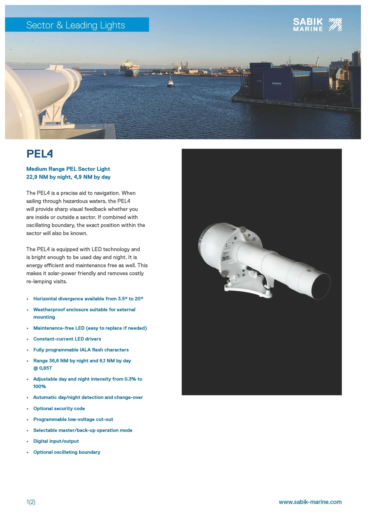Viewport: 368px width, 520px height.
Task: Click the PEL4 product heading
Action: pos(40,154)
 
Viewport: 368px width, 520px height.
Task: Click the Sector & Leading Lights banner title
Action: pos(75,25)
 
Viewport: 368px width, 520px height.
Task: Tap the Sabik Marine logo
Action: pos(317,25)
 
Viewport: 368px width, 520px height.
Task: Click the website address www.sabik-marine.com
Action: pos(310,502)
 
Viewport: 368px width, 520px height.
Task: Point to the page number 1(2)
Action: pos(31,502)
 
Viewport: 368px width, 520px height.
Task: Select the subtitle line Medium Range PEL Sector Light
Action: pos(68,169)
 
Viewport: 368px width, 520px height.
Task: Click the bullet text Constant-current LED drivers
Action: pos(67,339)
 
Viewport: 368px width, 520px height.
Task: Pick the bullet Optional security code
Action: pos(59,408)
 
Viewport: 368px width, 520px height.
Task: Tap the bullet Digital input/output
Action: pos(56,441)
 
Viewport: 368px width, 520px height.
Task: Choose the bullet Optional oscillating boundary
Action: pos(67,452)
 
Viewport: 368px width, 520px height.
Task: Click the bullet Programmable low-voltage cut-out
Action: pos(73,419)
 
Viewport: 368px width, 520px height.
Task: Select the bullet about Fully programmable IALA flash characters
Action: pos(81,350)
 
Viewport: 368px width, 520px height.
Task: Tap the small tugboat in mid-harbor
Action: pos(170,82)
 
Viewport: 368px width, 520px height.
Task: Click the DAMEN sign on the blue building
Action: pos(277,83)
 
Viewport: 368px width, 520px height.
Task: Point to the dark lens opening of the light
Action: pos(321,286)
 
